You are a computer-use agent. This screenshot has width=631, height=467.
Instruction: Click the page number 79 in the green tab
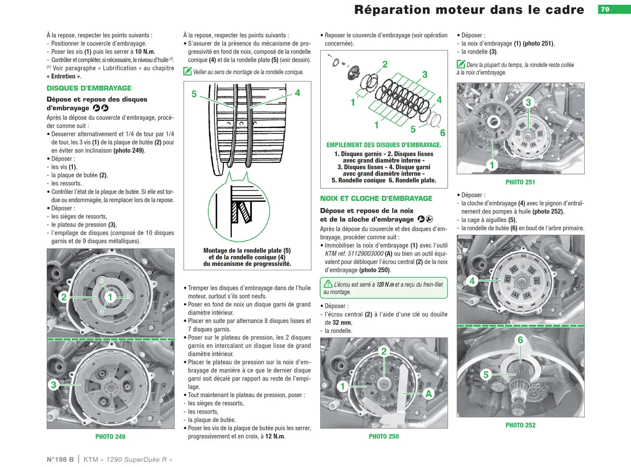pos(605,9)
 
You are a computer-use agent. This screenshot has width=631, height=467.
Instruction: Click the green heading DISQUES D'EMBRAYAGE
pos(89,88)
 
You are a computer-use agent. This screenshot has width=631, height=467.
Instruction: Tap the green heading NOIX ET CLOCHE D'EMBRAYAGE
pos(376,199)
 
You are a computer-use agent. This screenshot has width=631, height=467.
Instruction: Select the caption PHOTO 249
pos(111,437)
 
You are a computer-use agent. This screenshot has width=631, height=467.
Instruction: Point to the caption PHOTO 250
pos(384,436)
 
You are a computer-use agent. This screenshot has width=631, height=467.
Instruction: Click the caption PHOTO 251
pos(520,182)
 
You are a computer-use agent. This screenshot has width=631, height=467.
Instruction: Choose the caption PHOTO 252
pos(520,425)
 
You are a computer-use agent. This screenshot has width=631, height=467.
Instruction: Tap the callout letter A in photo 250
pos(428,394)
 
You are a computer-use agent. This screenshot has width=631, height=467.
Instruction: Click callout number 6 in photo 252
pos(520,340)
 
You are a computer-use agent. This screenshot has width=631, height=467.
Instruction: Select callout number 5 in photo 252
pos(486,375)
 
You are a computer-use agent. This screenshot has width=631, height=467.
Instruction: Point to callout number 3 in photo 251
pos(529,102)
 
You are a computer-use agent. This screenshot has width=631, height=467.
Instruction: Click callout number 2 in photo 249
pos(64,297)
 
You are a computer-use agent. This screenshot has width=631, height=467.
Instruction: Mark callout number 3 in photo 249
pos(53,385)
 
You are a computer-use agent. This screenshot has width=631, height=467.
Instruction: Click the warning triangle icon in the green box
pos(328,284)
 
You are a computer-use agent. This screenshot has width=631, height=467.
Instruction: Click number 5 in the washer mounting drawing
pos(194,94)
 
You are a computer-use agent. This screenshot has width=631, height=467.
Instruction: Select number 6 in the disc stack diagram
pos(443,133)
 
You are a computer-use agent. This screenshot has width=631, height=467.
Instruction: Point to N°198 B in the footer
pos(60,459)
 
